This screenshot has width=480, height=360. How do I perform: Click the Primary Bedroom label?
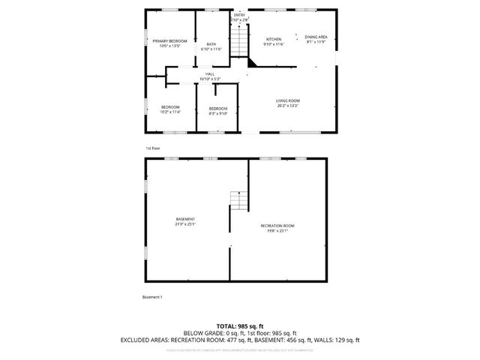pyautogui.click(x=169, y=40)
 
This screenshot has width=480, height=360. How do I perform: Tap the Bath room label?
pyautogui.click(x=211, y=44)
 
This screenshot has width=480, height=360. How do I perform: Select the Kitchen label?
pyautogui.click(x=274, y=39)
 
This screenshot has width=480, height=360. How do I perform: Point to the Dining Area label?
pyautogui.click(x=316, y=37)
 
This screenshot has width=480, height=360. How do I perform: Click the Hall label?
pyautogui.click(x=210, y=73)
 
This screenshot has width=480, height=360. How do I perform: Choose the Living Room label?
pyautogui.click(x=288, y=100)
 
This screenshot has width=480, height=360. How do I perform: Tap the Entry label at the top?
pyautogui.click(x=239, y=15)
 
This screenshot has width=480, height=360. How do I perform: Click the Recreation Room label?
pyautogui.click(x=277, y=226)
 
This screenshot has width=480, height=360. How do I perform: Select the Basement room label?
pyautogui.click(x=185, y=218)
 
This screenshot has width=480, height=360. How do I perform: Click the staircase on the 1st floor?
pyautogui.click(x=238, y=39)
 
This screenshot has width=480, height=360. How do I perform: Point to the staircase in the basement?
pyautogui.click(x=238, y=200)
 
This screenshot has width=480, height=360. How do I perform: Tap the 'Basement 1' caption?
pyautogui.click(x=152, y=297)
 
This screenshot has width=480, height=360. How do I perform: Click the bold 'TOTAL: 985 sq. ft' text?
pyautogui.click(x=240, y=325)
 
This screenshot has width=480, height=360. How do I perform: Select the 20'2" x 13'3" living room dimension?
pyautogui.click(x=288, y=106)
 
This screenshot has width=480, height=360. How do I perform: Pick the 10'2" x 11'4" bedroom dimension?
pyautogui.click(x=171, y=112)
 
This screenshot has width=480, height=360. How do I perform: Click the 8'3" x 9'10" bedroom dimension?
pyautogui.click(x=217, y=114)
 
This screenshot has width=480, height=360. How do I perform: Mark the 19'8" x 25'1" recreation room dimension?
pyautogui.click(x=277, y=231)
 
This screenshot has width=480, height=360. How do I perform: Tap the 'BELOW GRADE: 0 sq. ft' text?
pyautogui.click(x=211, y=333)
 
